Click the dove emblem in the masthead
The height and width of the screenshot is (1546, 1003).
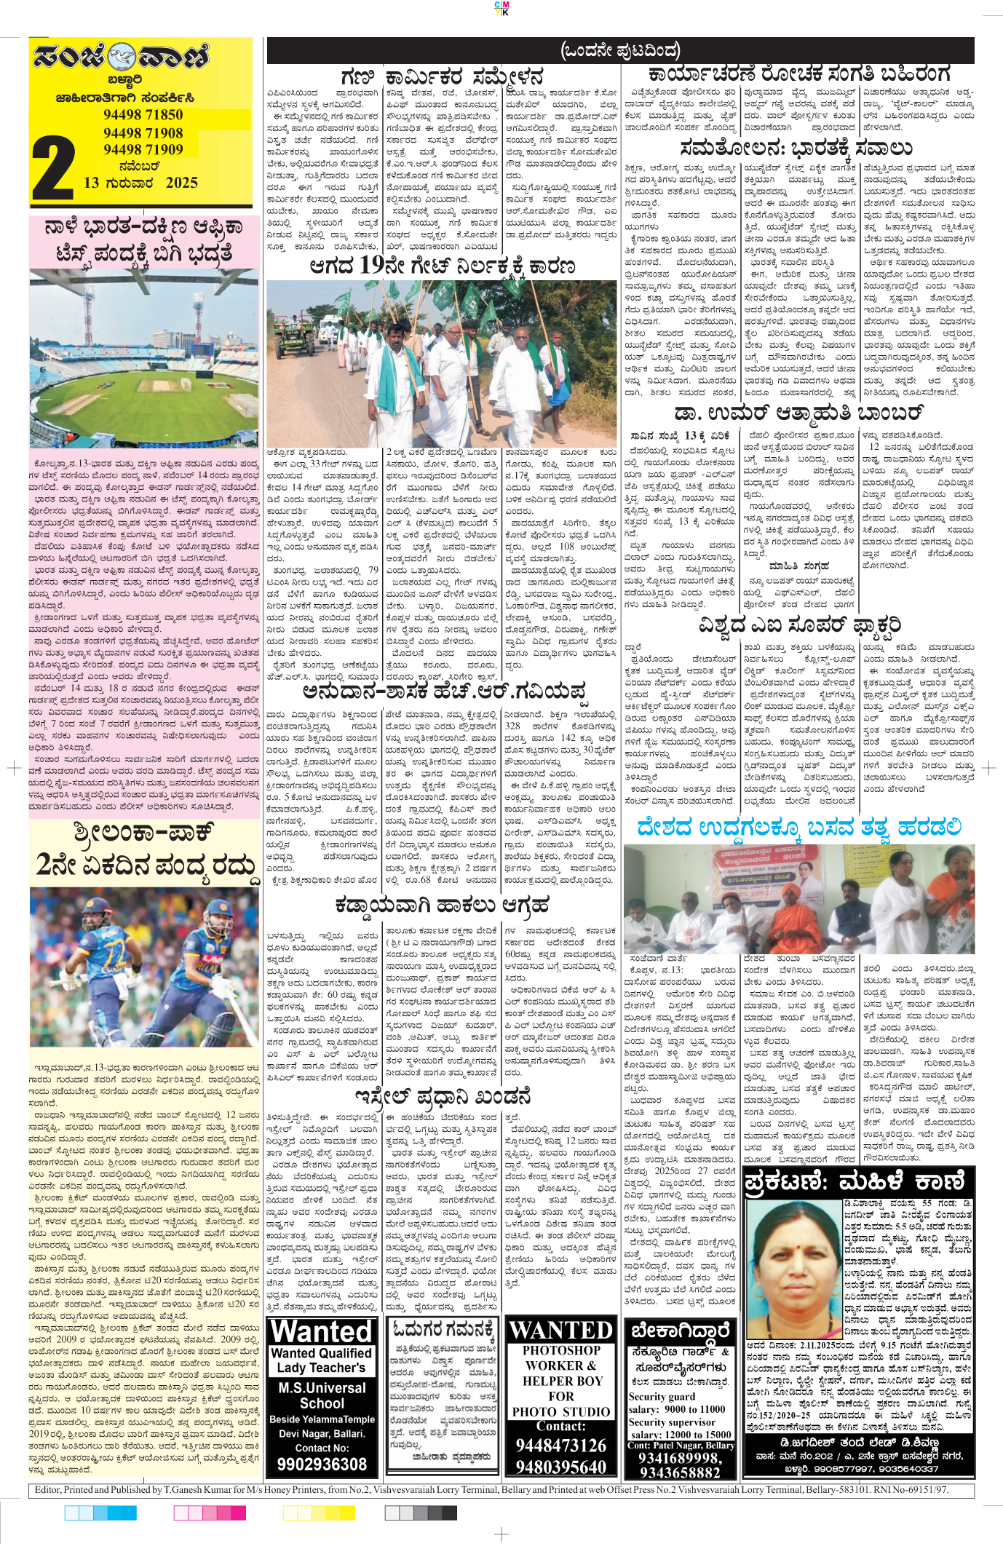[122, 58]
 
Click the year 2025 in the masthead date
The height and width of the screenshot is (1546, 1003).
[181, 183]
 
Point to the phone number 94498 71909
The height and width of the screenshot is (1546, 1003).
[143, 149]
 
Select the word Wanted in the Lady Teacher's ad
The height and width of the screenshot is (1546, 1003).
[322, 1332]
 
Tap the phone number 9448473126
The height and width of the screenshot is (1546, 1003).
[561, 1445]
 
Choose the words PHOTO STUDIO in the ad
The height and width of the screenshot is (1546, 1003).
[561, 1411]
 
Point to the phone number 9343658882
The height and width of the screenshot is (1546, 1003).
[680, 1471]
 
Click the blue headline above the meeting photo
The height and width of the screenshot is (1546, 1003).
[798, 828]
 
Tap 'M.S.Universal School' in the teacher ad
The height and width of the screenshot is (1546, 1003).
[322, 1395]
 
